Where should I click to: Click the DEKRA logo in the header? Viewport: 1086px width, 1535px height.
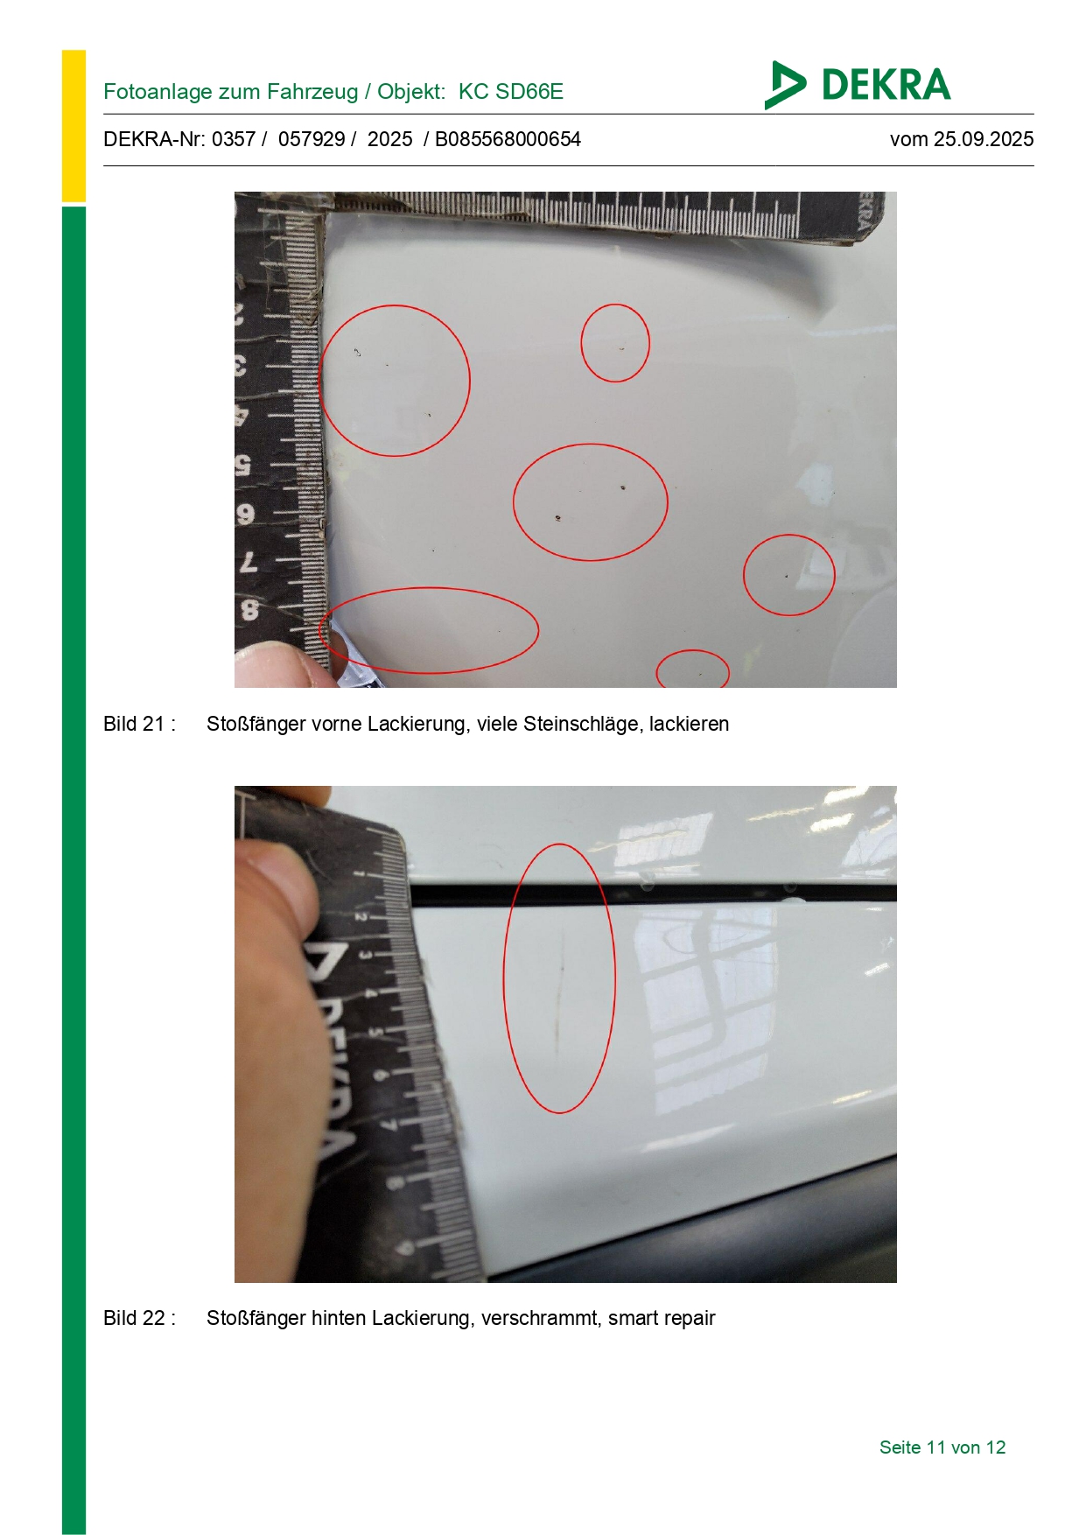click(857, 85)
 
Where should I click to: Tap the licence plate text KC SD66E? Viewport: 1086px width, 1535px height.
click(511, 92)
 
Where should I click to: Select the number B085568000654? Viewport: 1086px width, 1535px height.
click(508, 139)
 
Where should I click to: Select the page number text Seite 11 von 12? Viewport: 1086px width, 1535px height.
click(942, 1447)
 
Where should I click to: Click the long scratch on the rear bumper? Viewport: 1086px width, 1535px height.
click(560, 987)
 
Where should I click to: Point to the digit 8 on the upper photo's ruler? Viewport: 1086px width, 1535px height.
click(249, 608)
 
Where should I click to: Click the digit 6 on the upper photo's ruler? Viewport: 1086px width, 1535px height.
click(246, 514)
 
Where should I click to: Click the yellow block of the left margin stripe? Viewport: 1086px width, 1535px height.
click(74, 126)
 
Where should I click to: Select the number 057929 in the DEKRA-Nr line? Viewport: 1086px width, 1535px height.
click(311, 139)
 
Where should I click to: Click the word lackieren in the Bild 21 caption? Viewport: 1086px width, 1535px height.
click(689, 725)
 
